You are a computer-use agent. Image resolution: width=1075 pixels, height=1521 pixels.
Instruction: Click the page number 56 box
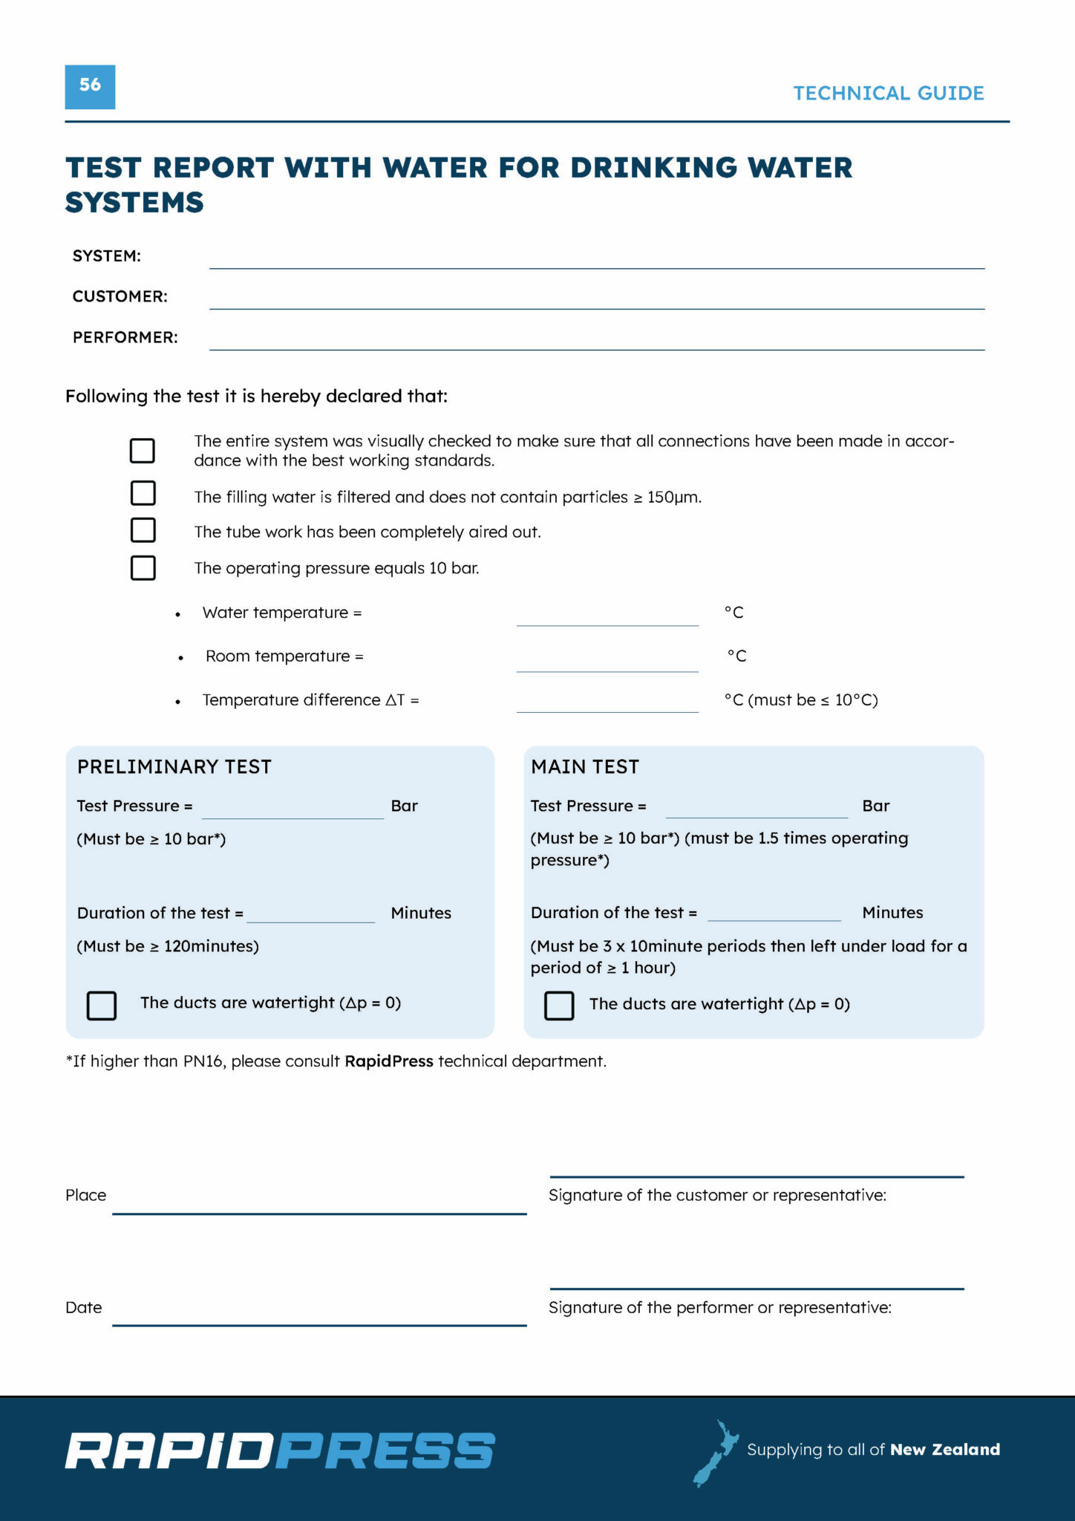click(x=90, y=87)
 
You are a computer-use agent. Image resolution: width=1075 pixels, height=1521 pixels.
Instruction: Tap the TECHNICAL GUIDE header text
click(x=888, y=94)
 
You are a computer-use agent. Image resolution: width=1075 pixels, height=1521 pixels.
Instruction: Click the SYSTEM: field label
click(x=106, y=256)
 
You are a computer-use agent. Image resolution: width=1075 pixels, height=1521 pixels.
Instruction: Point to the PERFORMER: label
click(x=125, y=338)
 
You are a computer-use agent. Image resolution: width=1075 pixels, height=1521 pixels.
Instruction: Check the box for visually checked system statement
click(x=143, y=450)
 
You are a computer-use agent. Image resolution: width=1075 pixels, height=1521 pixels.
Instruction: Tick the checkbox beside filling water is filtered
click(x=143, y=493)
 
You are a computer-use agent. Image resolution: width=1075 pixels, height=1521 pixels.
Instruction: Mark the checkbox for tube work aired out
click(x=143, y=530)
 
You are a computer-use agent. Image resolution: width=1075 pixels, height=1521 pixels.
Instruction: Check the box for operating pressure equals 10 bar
click(x=143, y=568)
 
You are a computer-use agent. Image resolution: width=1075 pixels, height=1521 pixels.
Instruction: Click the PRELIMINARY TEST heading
click(x=174, y=767)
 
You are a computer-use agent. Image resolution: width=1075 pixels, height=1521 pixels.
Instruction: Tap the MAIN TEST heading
click(x=584, y=767)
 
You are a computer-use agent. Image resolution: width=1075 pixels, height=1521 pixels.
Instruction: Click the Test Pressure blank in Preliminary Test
click(x=293, y=811)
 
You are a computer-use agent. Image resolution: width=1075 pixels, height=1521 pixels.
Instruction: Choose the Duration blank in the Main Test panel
click(x=774, y=914)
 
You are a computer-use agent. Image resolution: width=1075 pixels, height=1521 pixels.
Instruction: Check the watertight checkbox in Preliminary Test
click(x=102, y=1006)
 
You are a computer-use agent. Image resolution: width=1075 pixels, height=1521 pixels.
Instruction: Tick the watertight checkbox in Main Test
click(x=559, y=1006)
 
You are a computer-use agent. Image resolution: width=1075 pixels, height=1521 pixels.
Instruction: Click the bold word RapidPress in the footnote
click(x=389, y=1062)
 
